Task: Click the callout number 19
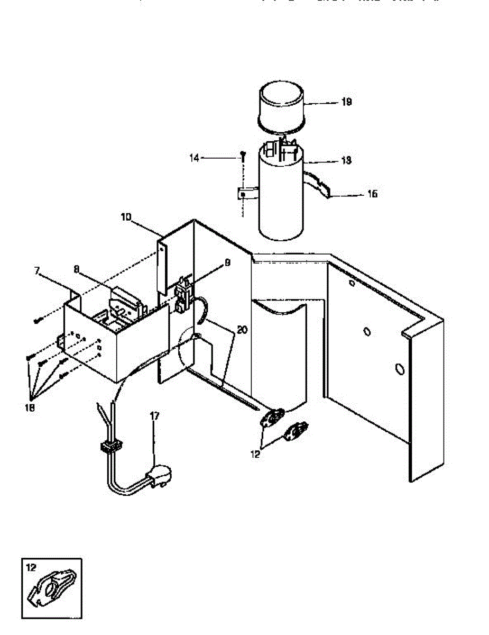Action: point(346,102)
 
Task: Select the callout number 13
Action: point(346,160)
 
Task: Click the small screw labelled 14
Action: point(243,155)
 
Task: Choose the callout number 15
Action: point(372,194)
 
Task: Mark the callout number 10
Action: point(126,217)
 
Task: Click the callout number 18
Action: point(31,407)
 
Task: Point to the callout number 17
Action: point(154,416)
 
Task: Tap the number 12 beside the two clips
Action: point(256,454)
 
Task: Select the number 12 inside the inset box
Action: point(31,567)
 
